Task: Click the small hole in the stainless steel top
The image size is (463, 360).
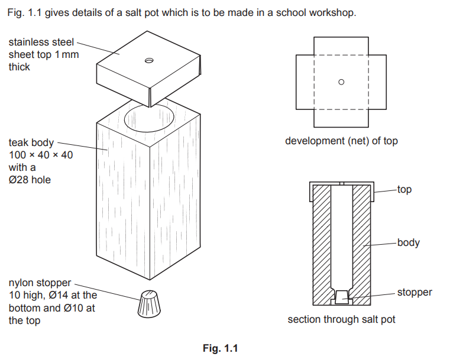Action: tap(149, 60)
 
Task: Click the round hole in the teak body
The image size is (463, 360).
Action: tap(150, 119)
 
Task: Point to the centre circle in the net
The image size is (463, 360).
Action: tap(341, 82)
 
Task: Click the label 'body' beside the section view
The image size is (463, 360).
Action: tap(409, 242)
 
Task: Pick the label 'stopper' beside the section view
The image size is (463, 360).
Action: tap(415, 292)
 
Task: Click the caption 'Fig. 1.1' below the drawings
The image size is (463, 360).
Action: tap(220, 348)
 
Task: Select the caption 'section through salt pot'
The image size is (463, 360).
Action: tap(341, 319)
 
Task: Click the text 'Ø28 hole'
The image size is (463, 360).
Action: tap(30, 180)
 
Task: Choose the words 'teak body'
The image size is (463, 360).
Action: tap(31, 142)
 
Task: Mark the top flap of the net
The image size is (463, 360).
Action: tap(341, 46)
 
